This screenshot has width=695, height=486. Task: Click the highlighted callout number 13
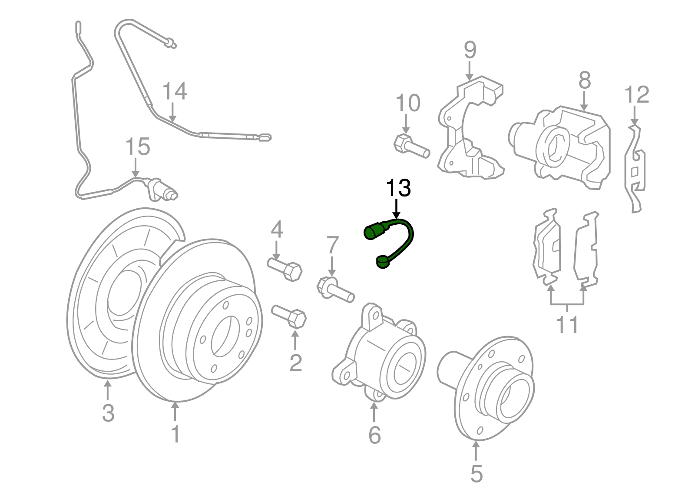pyautogui.click(x=398, y=188)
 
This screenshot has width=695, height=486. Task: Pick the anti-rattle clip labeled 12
pyautogui.click(x=635, y=170)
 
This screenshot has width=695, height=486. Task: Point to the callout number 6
pyautogui.click(x=374, y=435)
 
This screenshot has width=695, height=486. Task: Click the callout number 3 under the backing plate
pyautogui.click(x=108, y=413)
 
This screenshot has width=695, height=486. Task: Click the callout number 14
pyautogui.click(x=175, y=91)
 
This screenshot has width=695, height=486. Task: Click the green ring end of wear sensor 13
pyautogui.click(x=382, y=262)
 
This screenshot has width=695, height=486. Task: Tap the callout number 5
pyautogui.click(x=476, y=473)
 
